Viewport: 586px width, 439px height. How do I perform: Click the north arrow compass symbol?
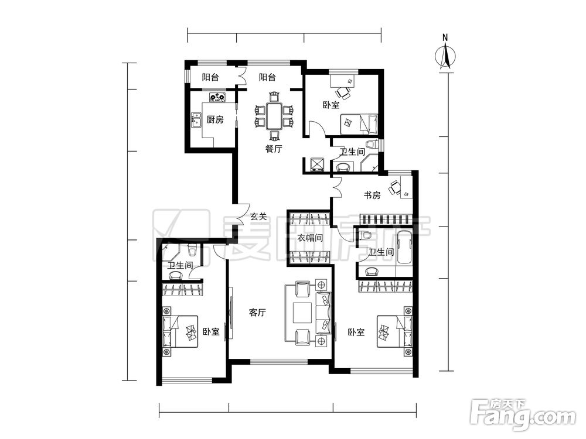coord(445,56)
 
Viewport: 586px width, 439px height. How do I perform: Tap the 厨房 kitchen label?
coord(215,119)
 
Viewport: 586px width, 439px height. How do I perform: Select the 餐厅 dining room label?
coord(274,149)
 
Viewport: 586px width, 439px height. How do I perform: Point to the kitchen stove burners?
coord(217,97)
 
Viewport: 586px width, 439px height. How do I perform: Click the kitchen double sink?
coord(196,120)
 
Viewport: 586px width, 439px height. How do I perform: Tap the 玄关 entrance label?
coord(258,216)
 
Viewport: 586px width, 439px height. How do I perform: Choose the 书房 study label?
coord(372,195)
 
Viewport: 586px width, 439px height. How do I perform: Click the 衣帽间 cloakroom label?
coord(310,238)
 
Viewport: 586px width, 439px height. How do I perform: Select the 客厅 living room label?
coord(257,313)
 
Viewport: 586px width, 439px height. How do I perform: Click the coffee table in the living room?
coord(302,313)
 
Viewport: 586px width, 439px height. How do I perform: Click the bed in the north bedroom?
coord(359,124)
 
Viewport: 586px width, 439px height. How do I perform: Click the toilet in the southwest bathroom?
coord(192,250)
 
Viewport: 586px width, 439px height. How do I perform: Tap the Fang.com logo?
coord(523,415)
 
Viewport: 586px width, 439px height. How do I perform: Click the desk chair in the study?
coord(394,188)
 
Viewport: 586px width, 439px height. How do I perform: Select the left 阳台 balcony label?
coord(210,77)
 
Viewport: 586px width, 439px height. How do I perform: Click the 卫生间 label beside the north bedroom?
coord(352,152)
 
